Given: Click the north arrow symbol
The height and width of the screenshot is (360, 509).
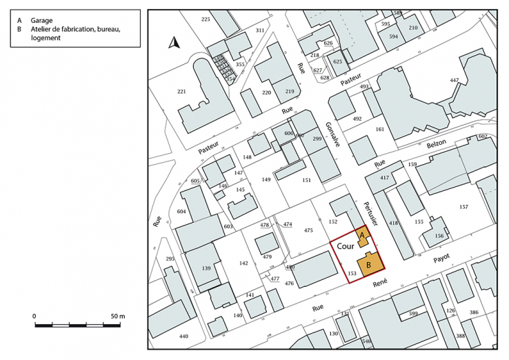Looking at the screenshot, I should [175, 44].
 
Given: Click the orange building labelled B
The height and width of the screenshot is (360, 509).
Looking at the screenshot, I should [368, 264].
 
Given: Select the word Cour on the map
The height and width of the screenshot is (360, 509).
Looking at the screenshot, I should [346, 245].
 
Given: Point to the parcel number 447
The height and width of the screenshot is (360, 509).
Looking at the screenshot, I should [454, 81].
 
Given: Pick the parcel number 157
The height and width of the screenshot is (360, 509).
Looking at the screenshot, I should [463, 207].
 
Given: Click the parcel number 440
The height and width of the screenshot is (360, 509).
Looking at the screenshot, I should [183, 336].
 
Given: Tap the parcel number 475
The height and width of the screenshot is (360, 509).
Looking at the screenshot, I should [308, 231].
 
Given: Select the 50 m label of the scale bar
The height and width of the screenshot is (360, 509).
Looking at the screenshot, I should [118, 316].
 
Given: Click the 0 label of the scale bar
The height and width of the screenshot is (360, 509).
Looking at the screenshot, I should [34, 316].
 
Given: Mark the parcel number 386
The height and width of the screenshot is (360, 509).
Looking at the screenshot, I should [474, 312].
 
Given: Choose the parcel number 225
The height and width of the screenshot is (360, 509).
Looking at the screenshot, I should [206, 19].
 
